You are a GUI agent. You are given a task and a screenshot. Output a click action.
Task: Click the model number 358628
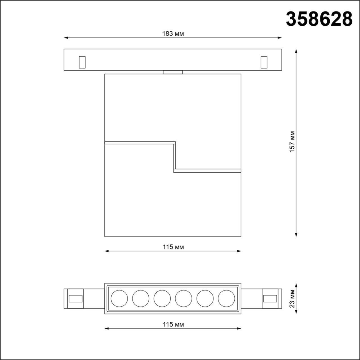tap(319, 19)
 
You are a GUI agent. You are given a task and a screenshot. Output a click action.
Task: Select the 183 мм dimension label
tap(173, 34)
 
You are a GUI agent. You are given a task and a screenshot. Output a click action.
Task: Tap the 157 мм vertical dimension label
tap(292, 142)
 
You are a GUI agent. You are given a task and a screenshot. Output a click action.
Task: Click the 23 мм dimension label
tap(292, 298)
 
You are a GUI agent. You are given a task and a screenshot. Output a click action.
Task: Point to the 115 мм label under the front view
tap(173, 247)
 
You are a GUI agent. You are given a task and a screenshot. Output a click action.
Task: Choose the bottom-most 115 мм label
tap(173, 324)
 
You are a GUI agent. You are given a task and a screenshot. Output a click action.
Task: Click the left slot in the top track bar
tap(82, 62)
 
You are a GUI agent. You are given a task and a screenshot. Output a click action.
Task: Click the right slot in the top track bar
tap(264, 62)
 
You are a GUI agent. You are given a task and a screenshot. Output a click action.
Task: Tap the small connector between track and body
tap(173, 72)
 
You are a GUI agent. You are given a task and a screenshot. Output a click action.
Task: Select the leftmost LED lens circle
tap(119, 298)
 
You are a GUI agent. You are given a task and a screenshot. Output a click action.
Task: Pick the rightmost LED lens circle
tap(226, 298)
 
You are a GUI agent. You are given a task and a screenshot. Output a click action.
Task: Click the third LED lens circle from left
tap(162, 298)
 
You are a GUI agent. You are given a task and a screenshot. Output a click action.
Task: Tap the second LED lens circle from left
tap(141, 298)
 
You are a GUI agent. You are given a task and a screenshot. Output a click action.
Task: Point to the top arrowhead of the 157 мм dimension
tap(296, 51)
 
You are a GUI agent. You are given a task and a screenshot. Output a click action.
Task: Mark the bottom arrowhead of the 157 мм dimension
tap(296, 235)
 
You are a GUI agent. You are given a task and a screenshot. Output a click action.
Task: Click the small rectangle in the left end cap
tap(76, 298)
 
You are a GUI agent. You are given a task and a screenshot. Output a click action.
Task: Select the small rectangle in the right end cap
tap(270, 298)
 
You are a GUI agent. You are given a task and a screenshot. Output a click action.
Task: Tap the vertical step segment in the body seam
tap(175, 157)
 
